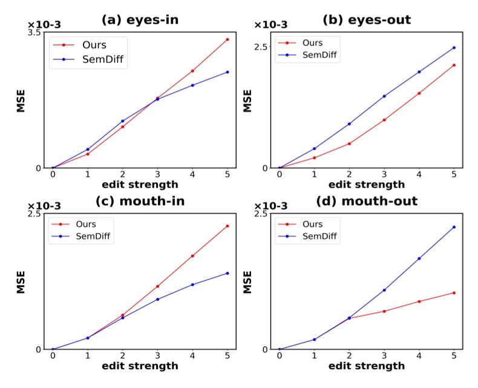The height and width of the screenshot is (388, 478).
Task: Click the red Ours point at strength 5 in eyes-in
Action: point(227,39)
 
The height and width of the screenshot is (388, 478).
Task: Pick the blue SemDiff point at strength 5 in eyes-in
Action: point(227,72)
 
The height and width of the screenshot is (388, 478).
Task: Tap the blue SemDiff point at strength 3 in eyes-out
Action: point(384,96)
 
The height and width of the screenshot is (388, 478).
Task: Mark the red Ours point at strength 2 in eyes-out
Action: point(349,143)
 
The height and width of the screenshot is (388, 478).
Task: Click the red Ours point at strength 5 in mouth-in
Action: point(227,226)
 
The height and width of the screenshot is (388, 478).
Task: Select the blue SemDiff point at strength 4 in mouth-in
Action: point(192,284)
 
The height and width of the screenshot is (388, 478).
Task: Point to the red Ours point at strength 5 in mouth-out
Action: point(453,292)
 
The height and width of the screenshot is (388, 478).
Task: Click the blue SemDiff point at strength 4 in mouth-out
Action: point(419,258)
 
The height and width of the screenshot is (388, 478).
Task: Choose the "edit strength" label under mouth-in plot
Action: point(140,366)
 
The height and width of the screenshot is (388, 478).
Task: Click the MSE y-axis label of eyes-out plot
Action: point(247,100)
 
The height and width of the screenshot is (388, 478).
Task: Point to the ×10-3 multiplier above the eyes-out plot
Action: point(270,25)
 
